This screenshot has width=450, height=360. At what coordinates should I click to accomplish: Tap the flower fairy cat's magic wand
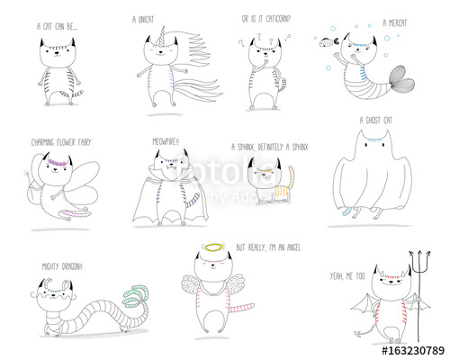[x=23, y=170]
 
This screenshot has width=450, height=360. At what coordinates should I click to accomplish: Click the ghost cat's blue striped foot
[x=346, y=211]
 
